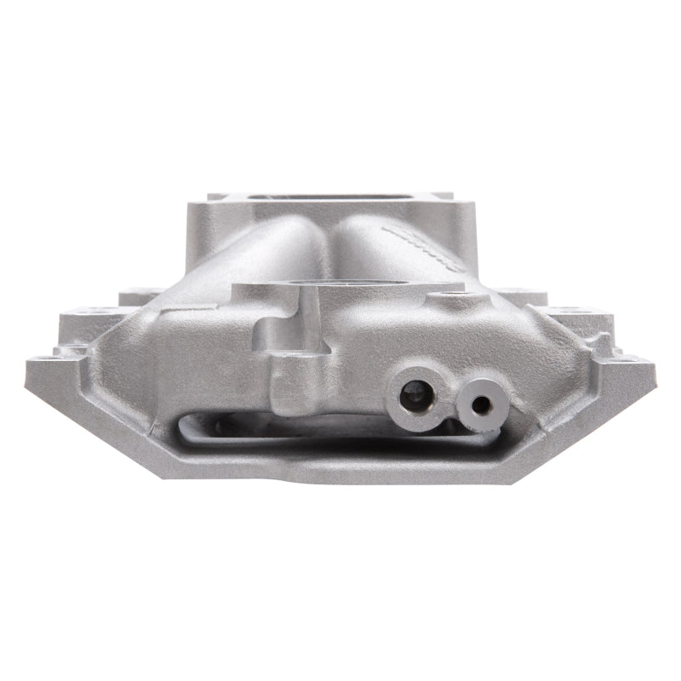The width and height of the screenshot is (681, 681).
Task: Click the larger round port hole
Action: (411, 393)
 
